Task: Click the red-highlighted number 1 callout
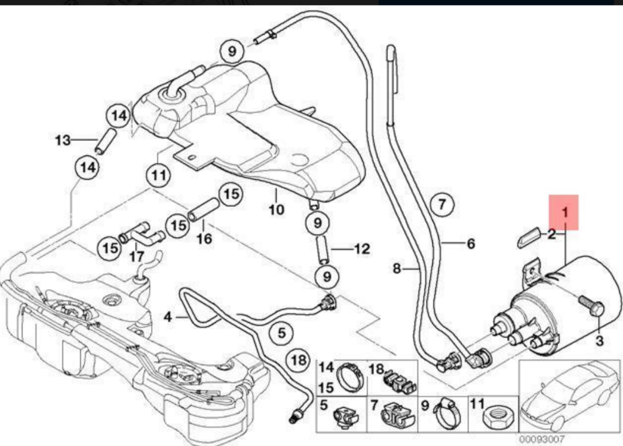pyautogui.click(x=563, y=212)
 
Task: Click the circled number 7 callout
pyautogui.click(x=442, y=204)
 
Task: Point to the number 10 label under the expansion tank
pyautogui.click(x=276, y=209)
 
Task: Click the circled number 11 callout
pyautogui.click(x=159, y=176)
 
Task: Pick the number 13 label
pyautogui.click(x=63, y=140)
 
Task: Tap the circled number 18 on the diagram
pyautogui.click(x=298, y=361)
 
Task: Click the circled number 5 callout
pyautogui.click(x=282, y=333)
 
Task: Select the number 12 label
pyautogui.click(x=362, y=249)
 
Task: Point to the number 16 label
pyautogui.click(x=204, y=238)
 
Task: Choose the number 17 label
pyautogui.click(x=136, y=256)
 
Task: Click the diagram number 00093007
pyautogui.click(x=541, y=439)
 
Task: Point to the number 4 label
pyautogui.click(x=167, y=317)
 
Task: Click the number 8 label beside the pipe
pyautogui.click(x=396, y=269)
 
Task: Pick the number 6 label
pyautogui.click(x=471, y=244)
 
